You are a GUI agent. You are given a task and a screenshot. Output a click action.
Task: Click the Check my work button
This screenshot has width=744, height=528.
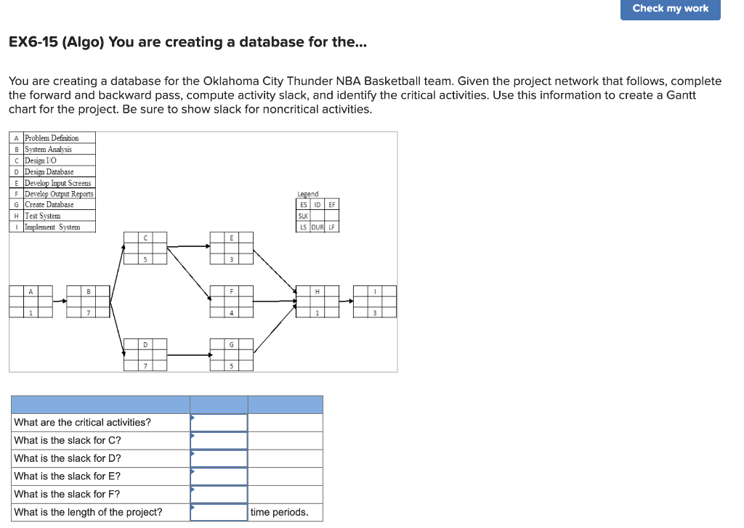[x=670, y=9]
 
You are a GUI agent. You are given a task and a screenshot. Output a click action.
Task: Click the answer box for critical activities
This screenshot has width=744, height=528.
[x=219, y=423]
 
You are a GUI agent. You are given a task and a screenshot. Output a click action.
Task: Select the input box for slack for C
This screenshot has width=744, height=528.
[x=219, y=441]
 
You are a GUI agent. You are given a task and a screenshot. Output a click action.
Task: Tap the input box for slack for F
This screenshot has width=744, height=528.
[x=219, y=495]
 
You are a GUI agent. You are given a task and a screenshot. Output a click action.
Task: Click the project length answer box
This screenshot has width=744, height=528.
[x=219, y=512]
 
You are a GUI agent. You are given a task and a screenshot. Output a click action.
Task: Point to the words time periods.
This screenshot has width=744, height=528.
[x=279, y=512]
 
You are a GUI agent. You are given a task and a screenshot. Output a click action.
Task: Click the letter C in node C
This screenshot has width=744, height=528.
[x=145, y=237]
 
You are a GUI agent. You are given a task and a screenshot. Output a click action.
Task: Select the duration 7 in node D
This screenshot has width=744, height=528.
[x=145, y=366]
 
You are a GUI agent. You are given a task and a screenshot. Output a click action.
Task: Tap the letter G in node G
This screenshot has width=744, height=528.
[x=232, y=344]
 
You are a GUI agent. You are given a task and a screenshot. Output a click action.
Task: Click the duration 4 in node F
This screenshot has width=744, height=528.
[x=232, y=313]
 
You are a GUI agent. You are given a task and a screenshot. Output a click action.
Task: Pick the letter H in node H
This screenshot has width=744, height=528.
[x=317, y=291]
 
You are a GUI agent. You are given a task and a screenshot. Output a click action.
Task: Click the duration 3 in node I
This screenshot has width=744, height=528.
[x=375, y=313]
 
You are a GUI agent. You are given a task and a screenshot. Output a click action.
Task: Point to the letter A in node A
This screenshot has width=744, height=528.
[x=31, y=291]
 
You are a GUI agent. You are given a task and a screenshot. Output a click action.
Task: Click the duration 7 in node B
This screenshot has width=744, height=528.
[x=88, y=313]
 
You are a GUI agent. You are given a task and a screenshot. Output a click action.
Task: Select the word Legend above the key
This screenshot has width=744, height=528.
[x=308, y=195]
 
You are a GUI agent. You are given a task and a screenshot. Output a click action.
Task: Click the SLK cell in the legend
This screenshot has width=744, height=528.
[x=303, y=216]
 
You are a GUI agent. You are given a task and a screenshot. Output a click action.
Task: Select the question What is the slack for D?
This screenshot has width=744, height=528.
[x=68, y=458]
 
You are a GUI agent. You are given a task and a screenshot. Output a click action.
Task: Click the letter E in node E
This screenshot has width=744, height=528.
[x=232, y=237]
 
